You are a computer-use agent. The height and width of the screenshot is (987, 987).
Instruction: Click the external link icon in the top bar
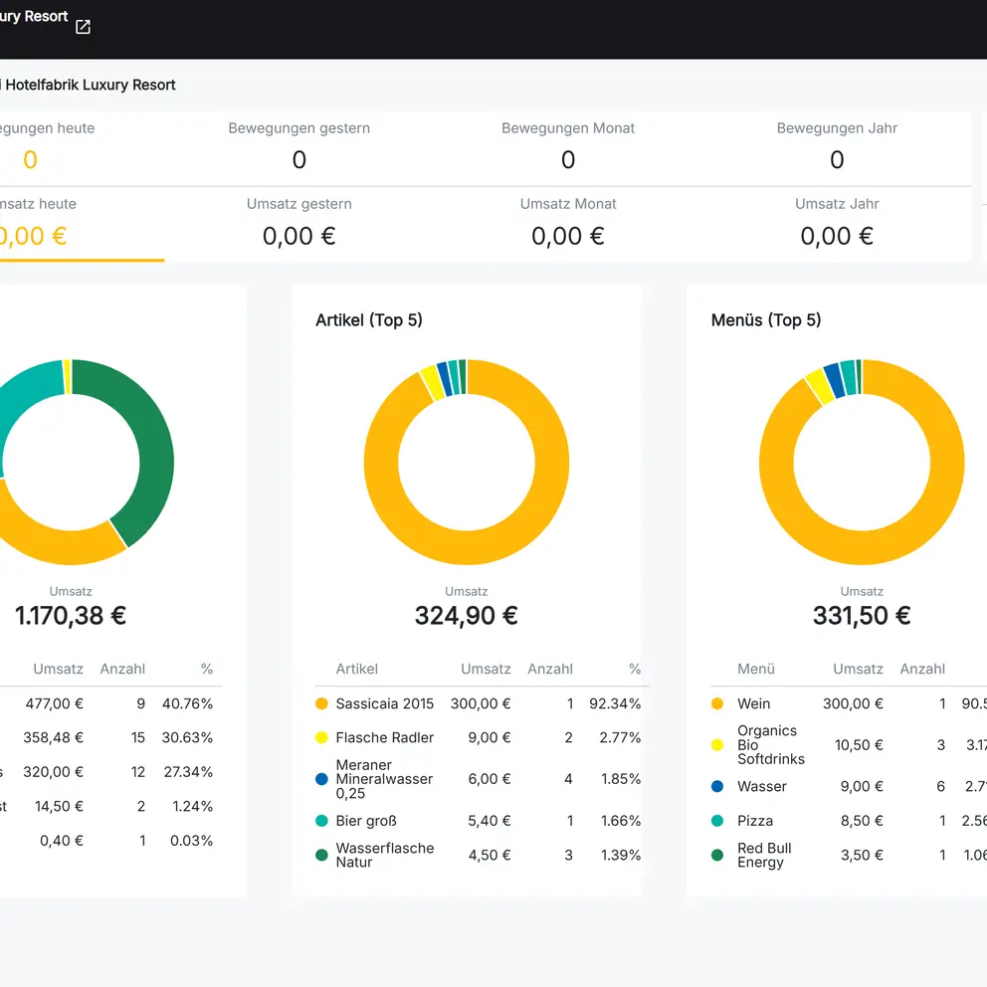(84, 27)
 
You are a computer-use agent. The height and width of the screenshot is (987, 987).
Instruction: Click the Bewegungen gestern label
(298, 128)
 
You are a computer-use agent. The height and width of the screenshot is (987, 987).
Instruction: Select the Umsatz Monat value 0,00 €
(567, 236)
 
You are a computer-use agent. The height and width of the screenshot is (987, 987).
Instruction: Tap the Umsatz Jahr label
(837, 204)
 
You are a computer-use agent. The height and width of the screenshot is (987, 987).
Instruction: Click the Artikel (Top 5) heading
(369, 320)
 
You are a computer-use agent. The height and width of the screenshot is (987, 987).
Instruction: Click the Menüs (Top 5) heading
(766, 320)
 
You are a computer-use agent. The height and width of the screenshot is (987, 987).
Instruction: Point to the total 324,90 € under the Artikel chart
(466, 616)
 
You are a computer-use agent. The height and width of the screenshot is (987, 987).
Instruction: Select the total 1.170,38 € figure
(71, 616)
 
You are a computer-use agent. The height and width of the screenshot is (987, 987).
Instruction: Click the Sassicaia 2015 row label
(384, 703)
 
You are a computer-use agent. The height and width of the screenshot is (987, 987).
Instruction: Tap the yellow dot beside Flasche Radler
(321, 738)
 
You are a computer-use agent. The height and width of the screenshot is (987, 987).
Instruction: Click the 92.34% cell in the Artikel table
(614, 703)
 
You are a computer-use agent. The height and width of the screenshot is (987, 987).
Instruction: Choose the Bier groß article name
(366, 821)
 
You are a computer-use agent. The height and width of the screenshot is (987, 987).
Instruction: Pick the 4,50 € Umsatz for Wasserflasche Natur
(490, 855)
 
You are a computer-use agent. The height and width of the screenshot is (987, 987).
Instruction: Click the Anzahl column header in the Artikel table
(550, 670)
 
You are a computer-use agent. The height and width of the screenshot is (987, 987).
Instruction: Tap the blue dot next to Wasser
(717, 786)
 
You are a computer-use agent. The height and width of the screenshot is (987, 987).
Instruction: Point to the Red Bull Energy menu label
(764, 855)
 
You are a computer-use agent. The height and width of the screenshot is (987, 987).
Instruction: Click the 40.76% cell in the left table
(187, 703)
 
